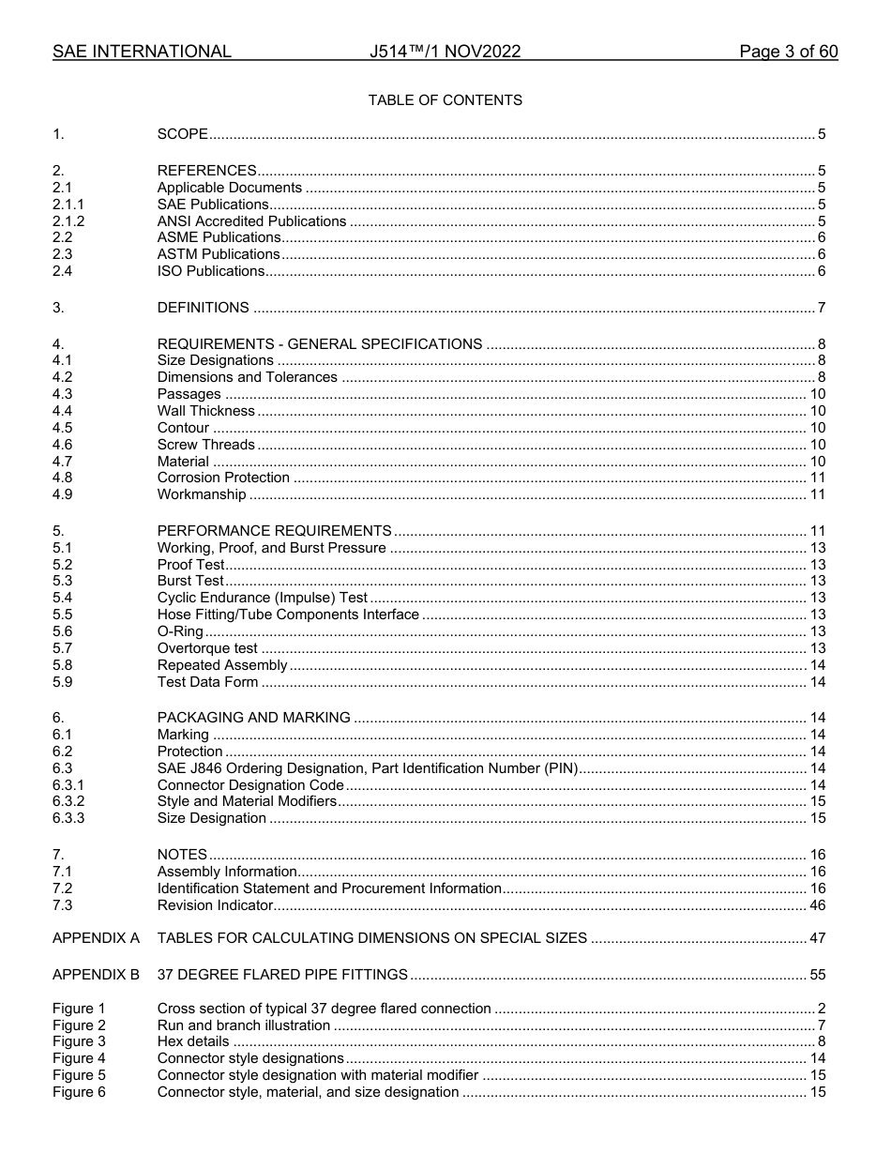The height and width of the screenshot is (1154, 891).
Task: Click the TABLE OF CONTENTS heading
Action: click(445, 99)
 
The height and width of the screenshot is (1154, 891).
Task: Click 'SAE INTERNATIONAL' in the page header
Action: click(142, 52)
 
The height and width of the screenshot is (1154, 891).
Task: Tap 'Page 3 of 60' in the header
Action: click(788, 52)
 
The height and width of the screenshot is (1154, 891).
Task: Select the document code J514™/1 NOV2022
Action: click(445, 52)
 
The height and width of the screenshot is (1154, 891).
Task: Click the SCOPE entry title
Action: click(182, 134)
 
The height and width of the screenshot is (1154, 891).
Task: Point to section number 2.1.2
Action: click(68, 221)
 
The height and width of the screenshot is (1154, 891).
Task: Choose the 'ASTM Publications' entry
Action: click(218, 254)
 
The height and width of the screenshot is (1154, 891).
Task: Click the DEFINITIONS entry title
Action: click(203, 308)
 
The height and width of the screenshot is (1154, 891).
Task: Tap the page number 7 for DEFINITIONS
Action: click(822, 308)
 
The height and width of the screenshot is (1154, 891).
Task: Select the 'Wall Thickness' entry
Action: click(205, 411)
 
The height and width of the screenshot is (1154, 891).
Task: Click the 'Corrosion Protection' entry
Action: click(223, 478)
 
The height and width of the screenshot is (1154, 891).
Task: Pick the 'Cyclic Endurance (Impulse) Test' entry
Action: click(262, 598)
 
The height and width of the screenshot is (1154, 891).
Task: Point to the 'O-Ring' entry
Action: click(180, 631)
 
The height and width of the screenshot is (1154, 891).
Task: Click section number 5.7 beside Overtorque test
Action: click(63, 648)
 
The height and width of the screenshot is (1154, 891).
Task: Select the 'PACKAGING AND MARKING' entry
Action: click(253, 718)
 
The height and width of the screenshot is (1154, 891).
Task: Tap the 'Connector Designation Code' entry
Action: click(250, 785)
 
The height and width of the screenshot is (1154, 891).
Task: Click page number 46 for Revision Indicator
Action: click(817, 905)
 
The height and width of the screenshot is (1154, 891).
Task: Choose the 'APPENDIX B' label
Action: click(96, 975)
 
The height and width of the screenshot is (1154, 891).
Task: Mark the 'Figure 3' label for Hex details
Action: click(79, 1041)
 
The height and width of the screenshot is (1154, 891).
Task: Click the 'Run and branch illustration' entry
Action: click(243, 1025)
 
